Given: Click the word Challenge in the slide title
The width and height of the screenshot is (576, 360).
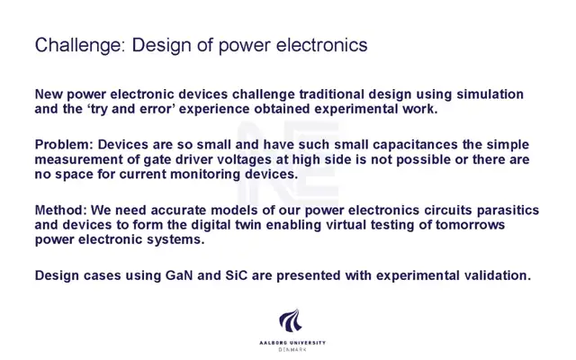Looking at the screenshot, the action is [x=80, y=46].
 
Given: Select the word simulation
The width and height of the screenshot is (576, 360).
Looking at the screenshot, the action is [x=490, y=94].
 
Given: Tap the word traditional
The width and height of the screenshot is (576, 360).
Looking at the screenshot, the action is [x=332, y=94].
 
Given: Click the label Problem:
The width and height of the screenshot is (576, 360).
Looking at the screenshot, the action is [x=64, y=144].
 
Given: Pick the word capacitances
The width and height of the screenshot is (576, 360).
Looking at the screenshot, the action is [x=415, y=145].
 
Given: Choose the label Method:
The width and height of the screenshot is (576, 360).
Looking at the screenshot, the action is [x=61, y=210].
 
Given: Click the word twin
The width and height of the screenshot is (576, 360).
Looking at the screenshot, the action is [x=248, y=224].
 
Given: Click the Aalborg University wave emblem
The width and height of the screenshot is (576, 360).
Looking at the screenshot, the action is [x=291, y=320].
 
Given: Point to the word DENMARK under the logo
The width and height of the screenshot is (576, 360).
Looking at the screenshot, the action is [x=292, y=350].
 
